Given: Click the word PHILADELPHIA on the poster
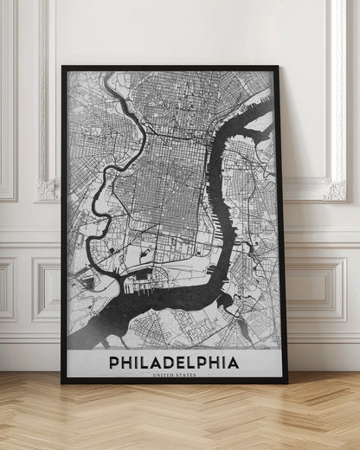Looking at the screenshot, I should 174,358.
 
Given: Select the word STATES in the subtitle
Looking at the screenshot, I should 184,375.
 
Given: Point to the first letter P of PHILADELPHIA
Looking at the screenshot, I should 114,358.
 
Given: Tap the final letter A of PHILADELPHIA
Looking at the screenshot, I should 234,358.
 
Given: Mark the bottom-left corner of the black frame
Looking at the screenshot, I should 62,382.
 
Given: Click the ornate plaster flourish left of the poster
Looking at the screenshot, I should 47,189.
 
